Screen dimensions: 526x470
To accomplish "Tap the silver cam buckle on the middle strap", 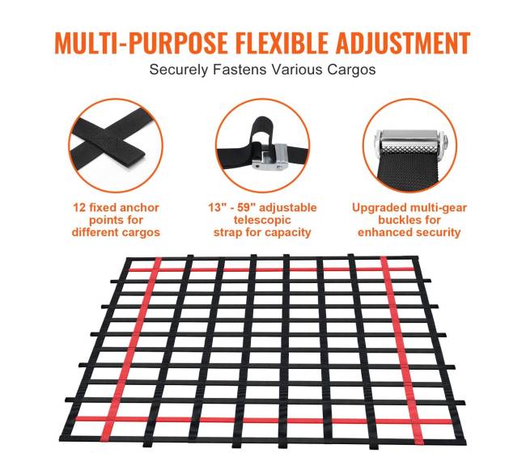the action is (270, 155).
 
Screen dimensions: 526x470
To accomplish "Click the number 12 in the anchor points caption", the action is (79, 208).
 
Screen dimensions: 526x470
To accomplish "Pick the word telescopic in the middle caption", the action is (262, 220).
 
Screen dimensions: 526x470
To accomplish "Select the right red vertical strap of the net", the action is (402, 350).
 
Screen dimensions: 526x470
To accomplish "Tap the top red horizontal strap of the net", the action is (270, 269).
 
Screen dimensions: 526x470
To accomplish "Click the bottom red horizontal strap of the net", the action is (264, 420).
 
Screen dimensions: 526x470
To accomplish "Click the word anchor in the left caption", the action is (139, 208).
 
